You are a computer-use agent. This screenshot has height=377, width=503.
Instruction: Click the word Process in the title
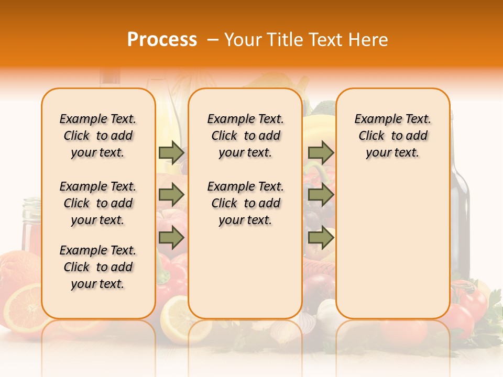coord(162,40)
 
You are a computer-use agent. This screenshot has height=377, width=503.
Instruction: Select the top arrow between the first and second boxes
coord(171,152)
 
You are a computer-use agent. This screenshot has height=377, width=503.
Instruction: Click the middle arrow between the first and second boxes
coord(171,195)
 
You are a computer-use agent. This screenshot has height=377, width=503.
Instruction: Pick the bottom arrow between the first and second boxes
coord(171,238)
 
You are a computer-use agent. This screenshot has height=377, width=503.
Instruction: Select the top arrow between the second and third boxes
coord(321,152)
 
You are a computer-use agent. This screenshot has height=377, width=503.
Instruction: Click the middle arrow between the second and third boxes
coord(321,195)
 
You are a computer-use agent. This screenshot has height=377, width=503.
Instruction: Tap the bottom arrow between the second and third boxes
coord(321,238)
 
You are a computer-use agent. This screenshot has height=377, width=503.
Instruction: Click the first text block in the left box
coord(98,136)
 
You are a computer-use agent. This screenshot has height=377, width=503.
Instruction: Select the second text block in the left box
coord(98,203)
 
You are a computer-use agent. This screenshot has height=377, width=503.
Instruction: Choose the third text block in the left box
coord(98,267)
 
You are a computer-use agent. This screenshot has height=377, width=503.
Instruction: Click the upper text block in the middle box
coord(245,136)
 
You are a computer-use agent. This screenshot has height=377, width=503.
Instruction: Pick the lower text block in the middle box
coord(245,203)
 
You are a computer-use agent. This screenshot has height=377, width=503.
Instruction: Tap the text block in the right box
coord(392,136)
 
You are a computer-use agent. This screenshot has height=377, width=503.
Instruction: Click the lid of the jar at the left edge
coord(31,202)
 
